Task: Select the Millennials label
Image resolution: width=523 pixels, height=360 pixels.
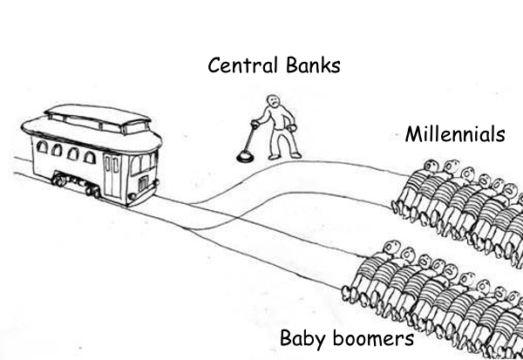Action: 454,135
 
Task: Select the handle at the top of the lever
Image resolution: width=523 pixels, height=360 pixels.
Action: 258,121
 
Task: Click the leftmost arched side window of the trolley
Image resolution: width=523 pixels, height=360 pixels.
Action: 43,149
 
